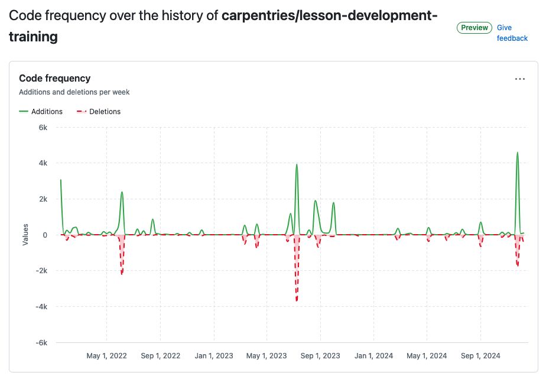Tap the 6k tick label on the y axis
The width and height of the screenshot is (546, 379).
point(43,127)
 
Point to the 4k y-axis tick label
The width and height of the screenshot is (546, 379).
point(43,163)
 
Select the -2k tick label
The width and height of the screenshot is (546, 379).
point(41,271)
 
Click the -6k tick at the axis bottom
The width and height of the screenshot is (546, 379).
point(41,343)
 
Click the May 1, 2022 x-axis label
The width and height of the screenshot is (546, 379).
point(106,356)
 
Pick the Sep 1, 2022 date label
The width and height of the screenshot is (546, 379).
point(160,356)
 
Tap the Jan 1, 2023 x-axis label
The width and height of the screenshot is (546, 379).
point(213,356)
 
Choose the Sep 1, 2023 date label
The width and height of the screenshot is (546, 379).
point(320,356)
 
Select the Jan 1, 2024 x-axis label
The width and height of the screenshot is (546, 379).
point(373,356)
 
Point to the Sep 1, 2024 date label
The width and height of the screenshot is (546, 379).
point(480,356)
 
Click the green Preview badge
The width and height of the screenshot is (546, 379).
point(474,28)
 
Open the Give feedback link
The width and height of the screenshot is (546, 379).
point(512,33)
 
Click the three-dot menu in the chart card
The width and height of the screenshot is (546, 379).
point(520,79)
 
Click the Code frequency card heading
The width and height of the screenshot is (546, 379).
point(54,78)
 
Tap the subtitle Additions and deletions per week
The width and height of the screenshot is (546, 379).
point(74,92)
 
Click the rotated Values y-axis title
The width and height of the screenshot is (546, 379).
point(25,235)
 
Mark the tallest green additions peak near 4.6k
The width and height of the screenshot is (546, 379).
point(518,153)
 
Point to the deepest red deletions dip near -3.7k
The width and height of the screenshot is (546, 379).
point(297,300)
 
